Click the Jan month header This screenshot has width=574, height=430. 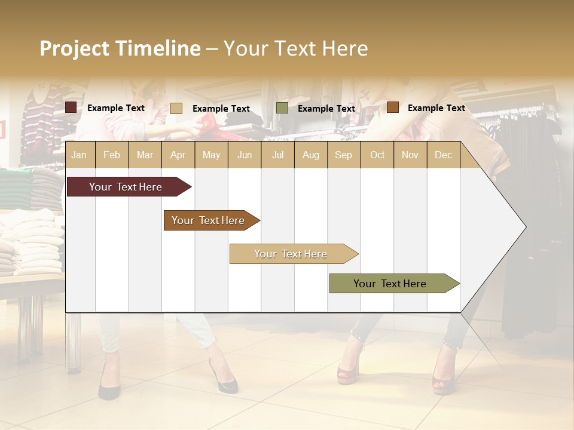point(79,155)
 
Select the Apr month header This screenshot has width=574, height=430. point(178,155)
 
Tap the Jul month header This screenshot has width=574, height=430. point(277,155)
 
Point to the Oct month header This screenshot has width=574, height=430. point(377,155)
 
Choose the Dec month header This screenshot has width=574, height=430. point(443,155)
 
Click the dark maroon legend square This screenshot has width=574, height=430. point(71,107)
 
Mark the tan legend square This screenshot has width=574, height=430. point(176,108)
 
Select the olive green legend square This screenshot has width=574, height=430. point(282,108)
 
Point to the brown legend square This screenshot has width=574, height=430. point(392,107)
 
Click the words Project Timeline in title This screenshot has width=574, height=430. point(120,48)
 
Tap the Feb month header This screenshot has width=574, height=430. point(112,155)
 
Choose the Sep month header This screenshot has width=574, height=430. point(343,155)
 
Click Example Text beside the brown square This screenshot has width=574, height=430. point(436,108)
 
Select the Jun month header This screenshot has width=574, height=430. point(245,155)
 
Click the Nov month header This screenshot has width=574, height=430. point(410,155)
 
